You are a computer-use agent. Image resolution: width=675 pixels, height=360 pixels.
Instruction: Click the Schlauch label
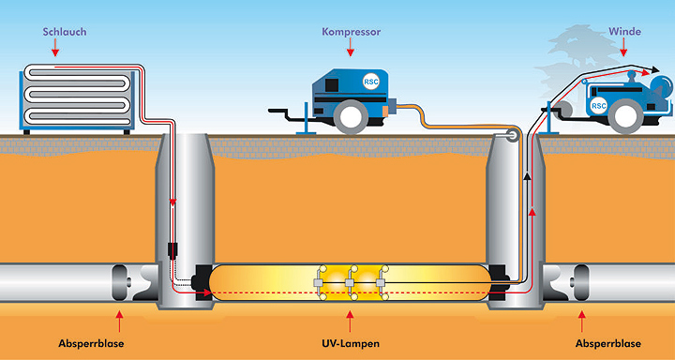(65, 32)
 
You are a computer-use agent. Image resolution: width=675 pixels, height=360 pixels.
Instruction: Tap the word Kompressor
(352, 32)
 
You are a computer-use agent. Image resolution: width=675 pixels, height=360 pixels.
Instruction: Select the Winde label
(624, 32)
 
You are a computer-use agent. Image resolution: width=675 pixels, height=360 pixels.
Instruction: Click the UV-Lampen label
(351, 344)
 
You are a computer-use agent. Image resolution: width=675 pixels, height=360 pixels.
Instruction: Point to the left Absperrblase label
(91, 344)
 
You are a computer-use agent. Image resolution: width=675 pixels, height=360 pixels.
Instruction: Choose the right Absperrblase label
(607, 344)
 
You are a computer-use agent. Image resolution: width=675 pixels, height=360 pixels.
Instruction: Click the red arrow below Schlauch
(54, 49)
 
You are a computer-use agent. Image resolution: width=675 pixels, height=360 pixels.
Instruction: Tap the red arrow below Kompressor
(351, 48)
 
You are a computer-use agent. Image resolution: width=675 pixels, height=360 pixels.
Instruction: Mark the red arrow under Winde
(623, 48)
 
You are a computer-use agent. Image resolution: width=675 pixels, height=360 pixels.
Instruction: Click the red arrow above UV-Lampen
(350, 322)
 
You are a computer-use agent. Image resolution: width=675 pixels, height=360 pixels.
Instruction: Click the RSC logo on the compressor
(370, 81)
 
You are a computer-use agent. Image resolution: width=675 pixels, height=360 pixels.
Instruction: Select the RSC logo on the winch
(598, 106)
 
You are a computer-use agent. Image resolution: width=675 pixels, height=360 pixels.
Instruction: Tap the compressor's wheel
(351, 116)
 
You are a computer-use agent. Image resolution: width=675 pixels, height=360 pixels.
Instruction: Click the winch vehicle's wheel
(625, 116)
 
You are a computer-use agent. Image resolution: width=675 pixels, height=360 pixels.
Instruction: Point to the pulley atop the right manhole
(513, 136)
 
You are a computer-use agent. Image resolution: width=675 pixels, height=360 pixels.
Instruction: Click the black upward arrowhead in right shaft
(525, 175)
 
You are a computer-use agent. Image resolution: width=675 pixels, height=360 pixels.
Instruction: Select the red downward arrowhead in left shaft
(172, 202)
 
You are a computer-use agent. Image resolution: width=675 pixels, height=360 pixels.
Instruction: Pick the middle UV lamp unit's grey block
(350, 282)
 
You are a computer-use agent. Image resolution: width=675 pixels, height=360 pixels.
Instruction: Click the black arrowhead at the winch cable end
(654, 69)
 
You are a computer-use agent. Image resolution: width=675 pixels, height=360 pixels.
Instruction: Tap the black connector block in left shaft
(172, 250)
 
